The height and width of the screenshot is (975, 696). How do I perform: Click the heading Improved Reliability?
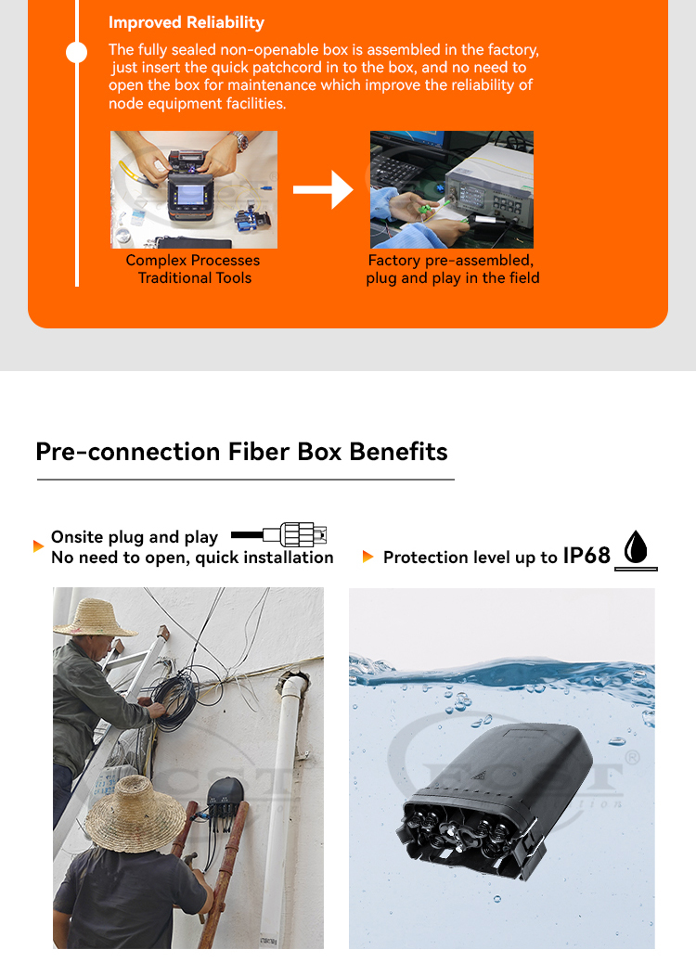click(x=186, y=22)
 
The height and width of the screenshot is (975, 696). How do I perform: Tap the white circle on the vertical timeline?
click(x=76, y=52)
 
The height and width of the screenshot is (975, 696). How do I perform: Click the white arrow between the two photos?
click(x=324, y=189)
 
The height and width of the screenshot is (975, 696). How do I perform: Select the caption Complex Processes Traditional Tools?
click(x=193, y=269)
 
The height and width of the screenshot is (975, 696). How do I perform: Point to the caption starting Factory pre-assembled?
click(x=452, y=269)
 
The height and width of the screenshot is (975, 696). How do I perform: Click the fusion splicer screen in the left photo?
click(x=190, y=195)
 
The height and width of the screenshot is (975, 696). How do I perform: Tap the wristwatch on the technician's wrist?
click(x=240, y=140)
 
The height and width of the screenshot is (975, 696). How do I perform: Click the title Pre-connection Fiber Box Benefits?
click(x=241, y=452)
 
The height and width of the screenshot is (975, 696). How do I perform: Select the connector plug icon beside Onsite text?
click(x=278, y=534)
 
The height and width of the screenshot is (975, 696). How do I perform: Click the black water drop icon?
click(x=636, y=546)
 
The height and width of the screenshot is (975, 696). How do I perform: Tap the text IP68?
click(x=586, y=556)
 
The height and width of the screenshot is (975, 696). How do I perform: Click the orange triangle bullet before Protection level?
click(x=367, y=557)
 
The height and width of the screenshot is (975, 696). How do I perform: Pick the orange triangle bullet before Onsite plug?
click(x=38, y=546)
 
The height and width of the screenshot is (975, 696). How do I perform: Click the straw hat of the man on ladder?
click(x=95, y=618)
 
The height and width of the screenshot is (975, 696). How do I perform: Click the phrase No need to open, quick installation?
click(x=192, y=558)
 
